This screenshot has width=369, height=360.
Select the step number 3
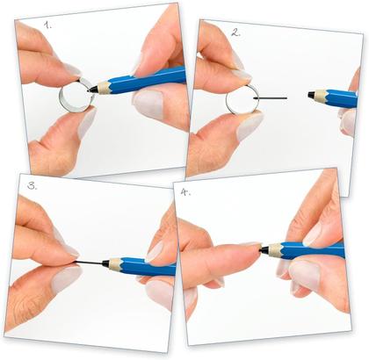coord(33,186)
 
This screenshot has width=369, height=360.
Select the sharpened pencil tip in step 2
coord(314,96)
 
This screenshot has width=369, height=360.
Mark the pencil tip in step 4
coord(266,249)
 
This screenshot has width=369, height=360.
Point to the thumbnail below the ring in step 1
coord(84,124)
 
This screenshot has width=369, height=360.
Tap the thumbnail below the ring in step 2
coord(249,126)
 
